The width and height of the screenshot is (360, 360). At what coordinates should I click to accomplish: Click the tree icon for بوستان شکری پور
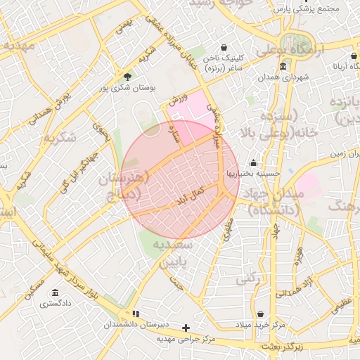(x=127, y=77)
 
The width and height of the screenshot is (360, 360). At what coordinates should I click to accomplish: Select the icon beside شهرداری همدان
(x=283, y=67)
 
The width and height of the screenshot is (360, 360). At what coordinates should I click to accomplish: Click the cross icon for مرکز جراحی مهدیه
(x=186, y=328)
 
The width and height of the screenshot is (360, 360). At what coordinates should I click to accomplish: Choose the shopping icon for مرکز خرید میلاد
(x=261, y=314)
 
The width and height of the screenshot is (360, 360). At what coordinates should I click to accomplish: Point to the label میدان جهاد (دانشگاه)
(x=271, y=200)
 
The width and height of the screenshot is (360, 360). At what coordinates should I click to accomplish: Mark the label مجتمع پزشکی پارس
(x=306, y=10)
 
